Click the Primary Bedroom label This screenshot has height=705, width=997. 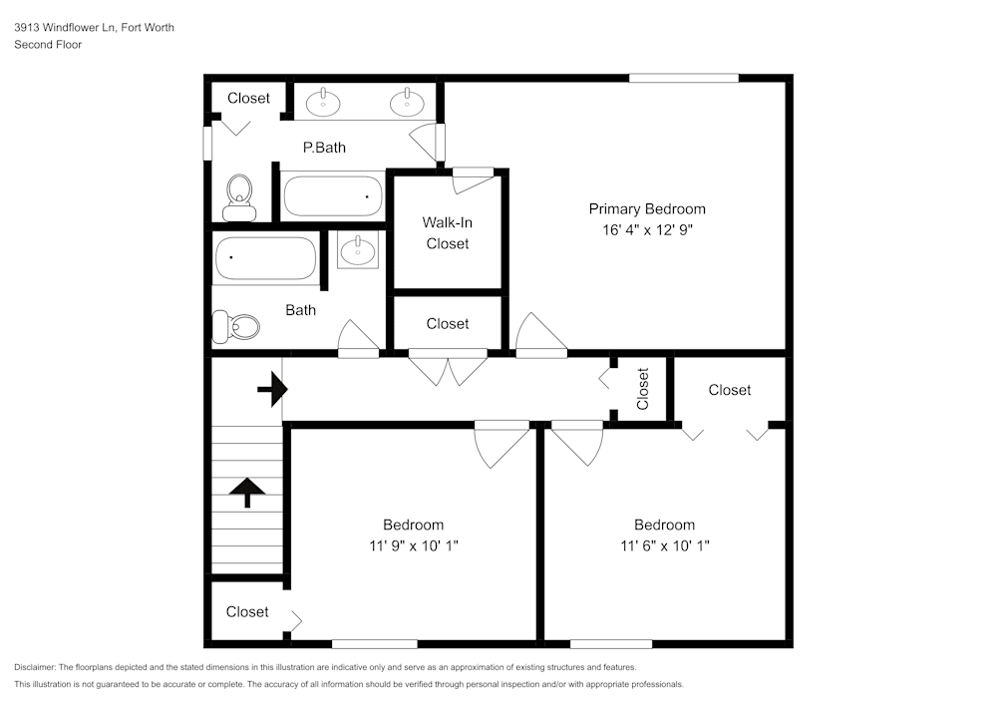[x=646, y=208]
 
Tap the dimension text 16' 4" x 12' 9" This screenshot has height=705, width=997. [x=646, y=229]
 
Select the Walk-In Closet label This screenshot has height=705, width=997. [x=447, y=232]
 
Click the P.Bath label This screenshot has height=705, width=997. [x=324, y=148]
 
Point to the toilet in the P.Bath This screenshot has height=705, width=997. [x=239, y=196]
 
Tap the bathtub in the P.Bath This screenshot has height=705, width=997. [x=333, y=195]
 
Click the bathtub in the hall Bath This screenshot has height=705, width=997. [x=265, y=257]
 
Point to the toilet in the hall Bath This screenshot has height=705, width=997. [x=236, y=326]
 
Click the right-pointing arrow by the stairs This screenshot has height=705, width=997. [x=271, y=390]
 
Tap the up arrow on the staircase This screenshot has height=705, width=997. [x=247, y=492]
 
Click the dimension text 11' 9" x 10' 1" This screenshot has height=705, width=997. [x=413, y=545]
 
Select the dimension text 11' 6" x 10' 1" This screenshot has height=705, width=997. [x=664, y=545]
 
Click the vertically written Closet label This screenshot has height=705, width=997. [x=643, y=389]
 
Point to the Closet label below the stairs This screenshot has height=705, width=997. [x=246, y=611]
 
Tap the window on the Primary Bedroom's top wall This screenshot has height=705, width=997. [x=683, y=78]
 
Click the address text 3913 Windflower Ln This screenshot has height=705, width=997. [x=65, y=28]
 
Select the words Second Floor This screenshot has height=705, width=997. [x=48, y=45]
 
